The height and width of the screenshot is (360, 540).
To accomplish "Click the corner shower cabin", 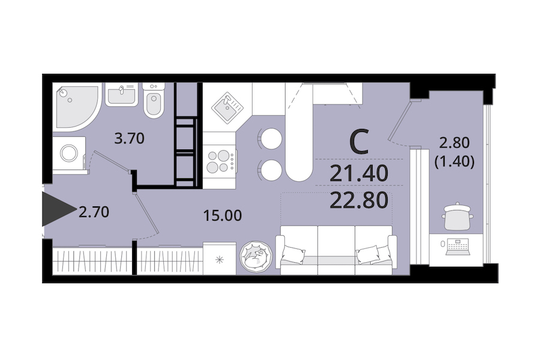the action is click(x=76, y=106).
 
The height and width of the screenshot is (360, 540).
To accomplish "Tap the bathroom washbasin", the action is click(x=122, y=94).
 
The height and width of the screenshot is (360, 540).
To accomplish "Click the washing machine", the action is click(x=69, y=153).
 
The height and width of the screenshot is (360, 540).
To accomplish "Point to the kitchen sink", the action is click(x=227, y=107).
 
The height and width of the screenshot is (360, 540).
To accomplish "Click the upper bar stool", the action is click(x=270, y=139).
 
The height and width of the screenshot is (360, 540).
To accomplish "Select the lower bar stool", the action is click(x=270, y=170).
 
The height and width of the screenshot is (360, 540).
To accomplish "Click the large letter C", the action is click(x=359, y=142).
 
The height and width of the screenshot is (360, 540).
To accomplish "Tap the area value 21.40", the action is click(x=359, y=173).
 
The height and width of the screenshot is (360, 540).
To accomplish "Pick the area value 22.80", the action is click(x=359, y=200).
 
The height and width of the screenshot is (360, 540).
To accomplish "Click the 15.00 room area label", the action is click(x=223, y=215).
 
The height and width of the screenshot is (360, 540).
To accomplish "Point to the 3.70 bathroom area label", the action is click(x=129, y=139).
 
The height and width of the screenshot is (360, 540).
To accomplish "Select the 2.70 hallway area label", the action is click(x=94, y=212).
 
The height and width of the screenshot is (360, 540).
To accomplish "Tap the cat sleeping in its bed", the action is click(x=256, y=257).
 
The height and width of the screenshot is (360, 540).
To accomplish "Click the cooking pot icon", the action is click(x=457, y=216).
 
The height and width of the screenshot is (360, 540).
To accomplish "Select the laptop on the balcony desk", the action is click(x=458, y=247).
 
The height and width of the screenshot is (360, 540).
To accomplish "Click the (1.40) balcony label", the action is click(x=455, y=161).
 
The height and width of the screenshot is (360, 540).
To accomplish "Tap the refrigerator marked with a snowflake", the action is click(x=220, y=259).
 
